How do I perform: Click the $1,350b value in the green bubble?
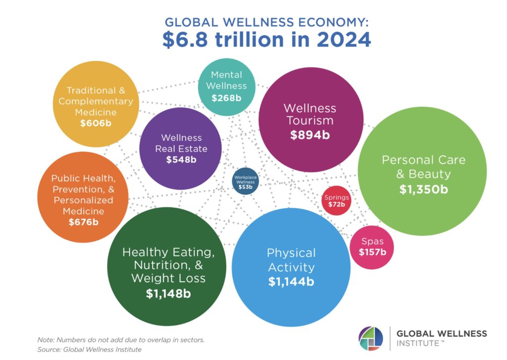click(x=423, y=190)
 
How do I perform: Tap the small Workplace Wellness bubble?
click(x=245, y=181)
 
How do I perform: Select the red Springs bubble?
click(x=337, y=201)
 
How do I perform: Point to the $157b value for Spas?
click(x=372, y=252)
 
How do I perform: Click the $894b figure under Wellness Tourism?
click(x=310, y=135)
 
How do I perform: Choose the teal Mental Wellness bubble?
click(x=227, y=87)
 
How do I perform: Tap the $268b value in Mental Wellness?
click(x=226, y=98)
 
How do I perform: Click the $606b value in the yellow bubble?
click(x=96, y=123)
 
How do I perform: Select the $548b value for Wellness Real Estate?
click(x=181, y=159)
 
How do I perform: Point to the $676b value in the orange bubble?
click(x=83, y=222)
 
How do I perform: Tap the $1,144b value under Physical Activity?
click(x=291, y=282)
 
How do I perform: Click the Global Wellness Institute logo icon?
click(x=371, y=338)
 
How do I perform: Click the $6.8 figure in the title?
click(x=184, y=39)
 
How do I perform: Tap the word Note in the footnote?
click(x=46, y=340)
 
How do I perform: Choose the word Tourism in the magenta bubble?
click(x=309, y=120)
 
